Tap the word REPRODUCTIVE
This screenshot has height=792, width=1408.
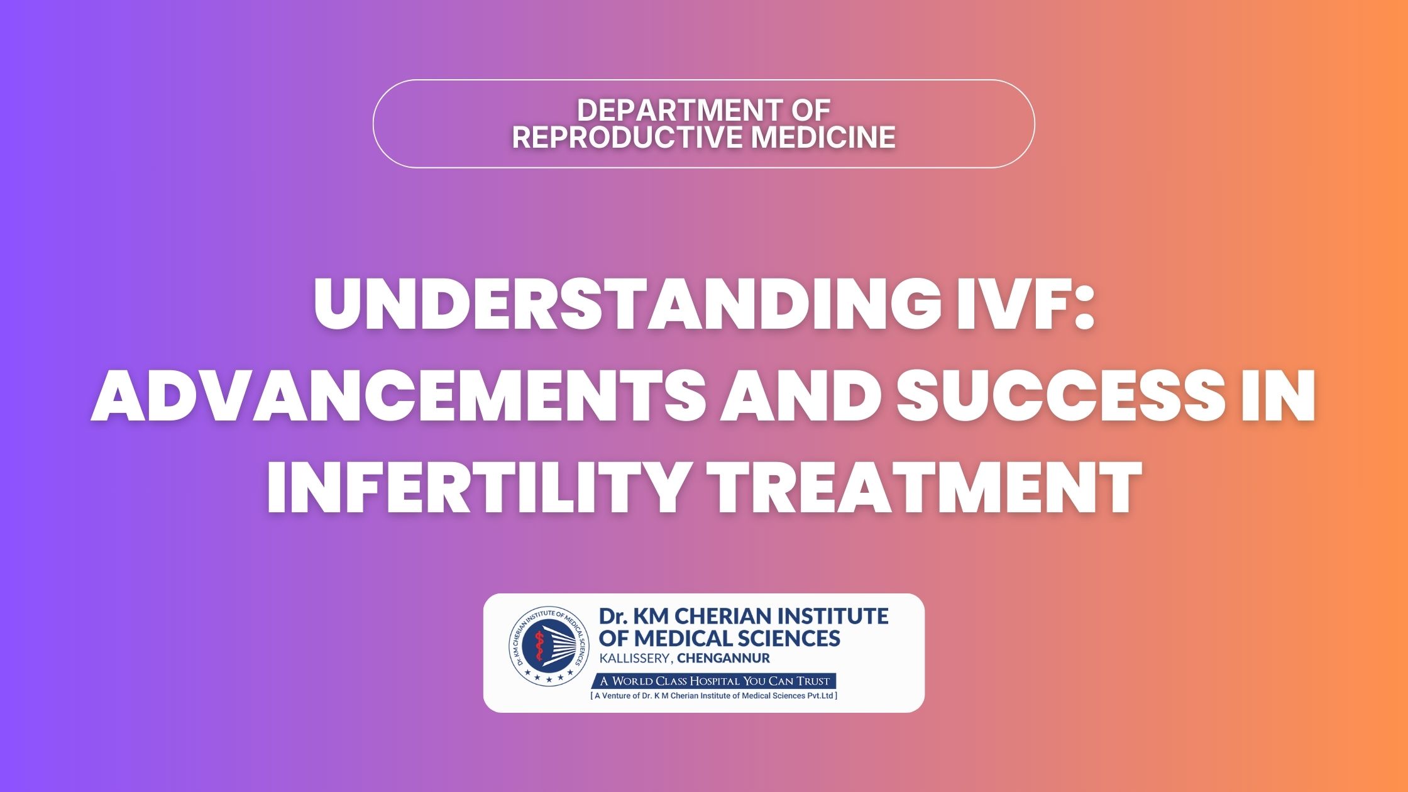(628, 138)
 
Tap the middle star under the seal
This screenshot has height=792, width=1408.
(549, 679)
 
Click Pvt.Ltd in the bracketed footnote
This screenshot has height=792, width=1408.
(821, 696)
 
